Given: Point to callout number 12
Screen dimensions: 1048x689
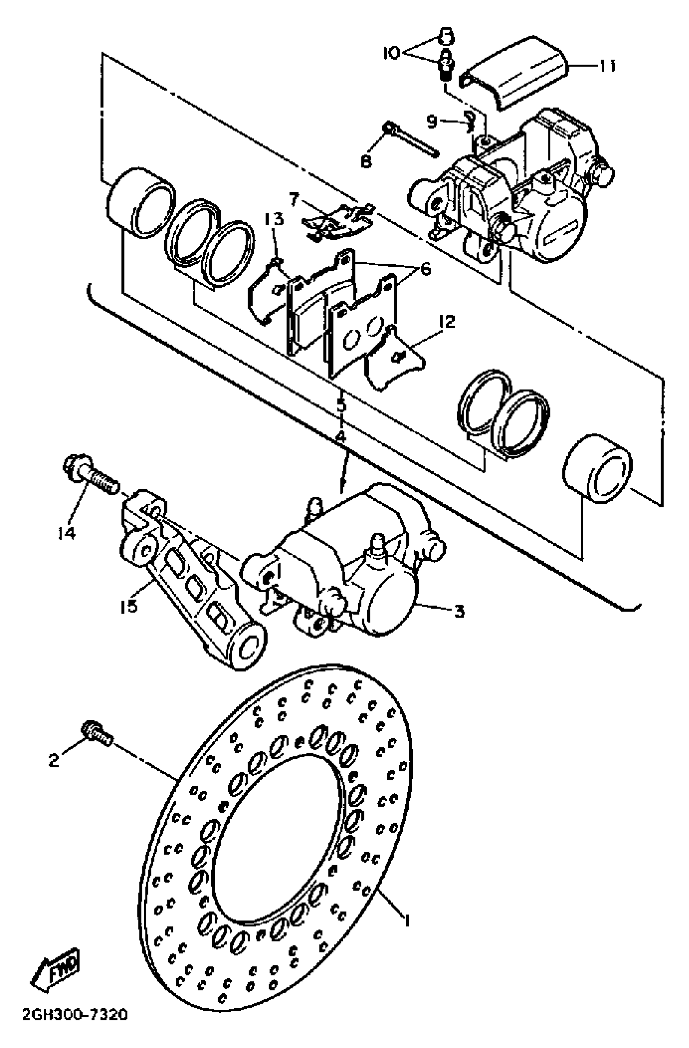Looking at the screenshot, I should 446,322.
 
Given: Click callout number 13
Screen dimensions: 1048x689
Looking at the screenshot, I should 274,219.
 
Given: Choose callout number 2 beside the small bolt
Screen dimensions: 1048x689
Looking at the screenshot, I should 53,760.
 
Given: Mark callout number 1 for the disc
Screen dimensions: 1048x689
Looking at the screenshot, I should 407,920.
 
